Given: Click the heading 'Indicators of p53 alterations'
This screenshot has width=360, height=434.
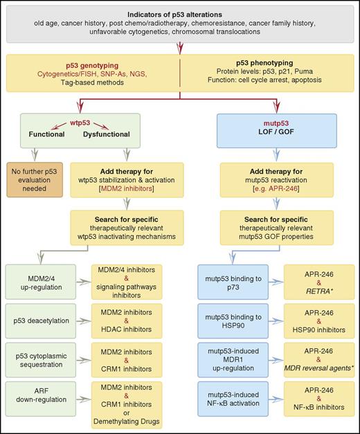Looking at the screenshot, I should pyautogui.click(x=181, y=15).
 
